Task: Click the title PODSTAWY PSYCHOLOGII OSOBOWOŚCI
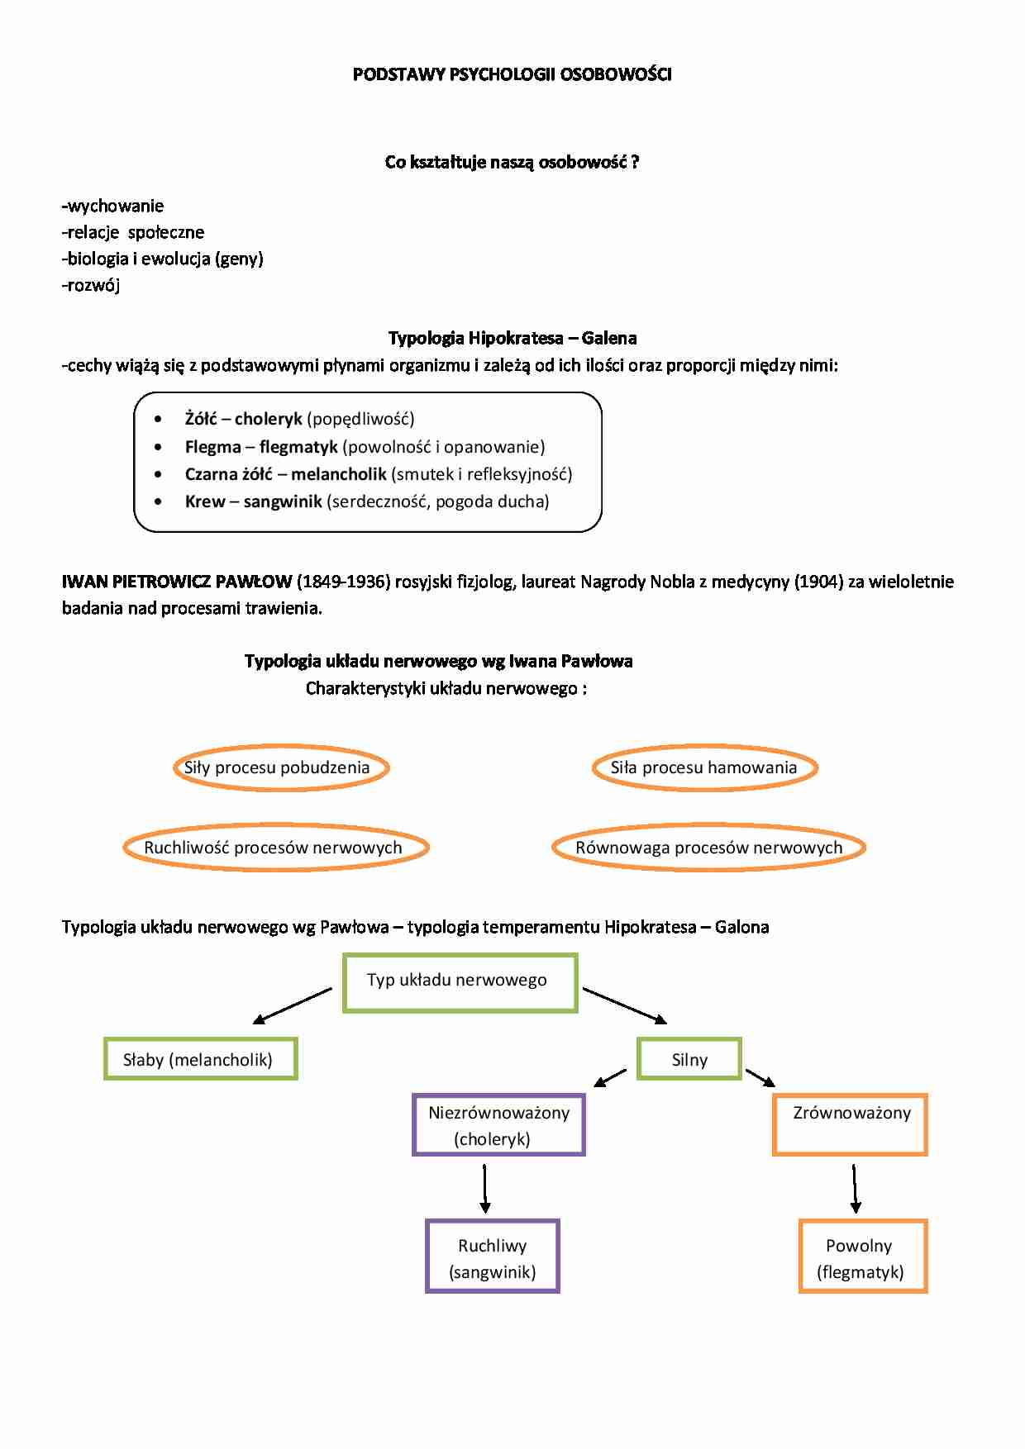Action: coord(512,74)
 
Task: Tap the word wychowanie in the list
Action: coord(116,206)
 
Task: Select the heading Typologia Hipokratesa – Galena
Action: coord(512,338)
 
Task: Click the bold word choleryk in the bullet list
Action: coord(269,419)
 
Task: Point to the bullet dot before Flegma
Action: coord(158,447)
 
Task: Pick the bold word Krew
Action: coord(205,501)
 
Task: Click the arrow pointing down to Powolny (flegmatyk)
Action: coord(855,1189)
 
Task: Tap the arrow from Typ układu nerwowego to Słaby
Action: coord(293,1005)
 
